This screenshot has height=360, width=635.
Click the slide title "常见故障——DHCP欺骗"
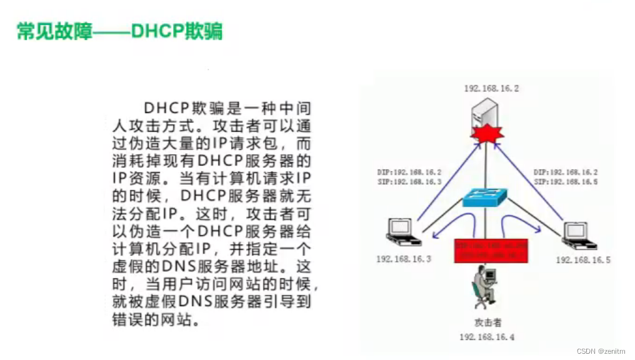[119, 32]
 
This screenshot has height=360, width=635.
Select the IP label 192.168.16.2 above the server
[491, 88]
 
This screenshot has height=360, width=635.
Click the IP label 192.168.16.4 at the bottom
[487, 337]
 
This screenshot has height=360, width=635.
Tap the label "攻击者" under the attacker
[487, 322]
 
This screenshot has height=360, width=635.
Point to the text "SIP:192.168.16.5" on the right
[566, 182]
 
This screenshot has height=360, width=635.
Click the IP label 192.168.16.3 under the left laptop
[404, 258]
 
